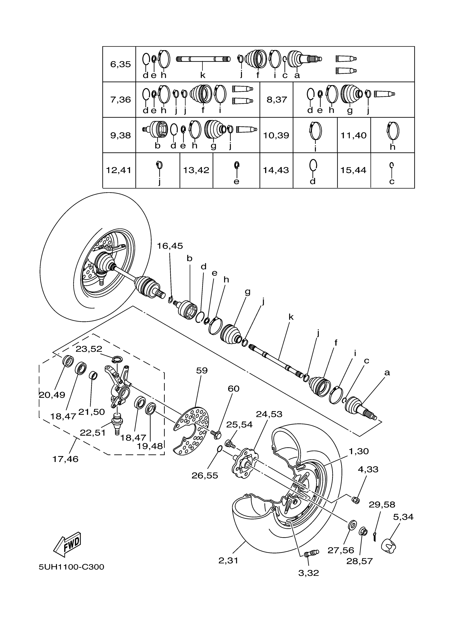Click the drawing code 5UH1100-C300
pos(71,567)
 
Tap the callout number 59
pos(202,370)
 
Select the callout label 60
pos(233,389)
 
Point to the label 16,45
pos(170,246)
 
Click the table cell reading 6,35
pos(120,64)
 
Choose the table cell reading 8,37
pos(276,100)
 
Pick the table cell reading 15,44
pos(353,170)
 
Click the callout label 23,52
pos(89,349)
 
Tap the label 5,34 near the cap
pos(403,517)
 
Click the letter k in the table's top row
pos(202,75)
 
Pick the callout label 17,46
pos(65,459)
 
